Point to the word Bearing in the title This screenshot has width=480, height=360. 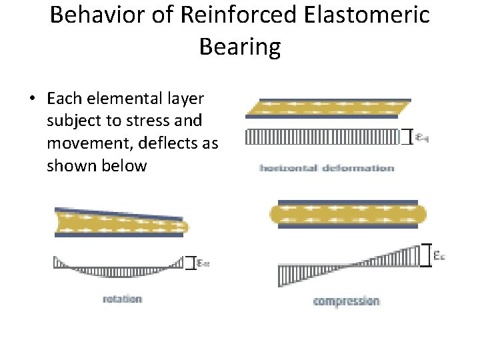click(240, 47)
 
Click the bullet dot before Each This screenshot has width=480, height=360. click(32, 99)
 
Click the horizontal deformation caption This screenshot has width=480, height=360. click(327, 168)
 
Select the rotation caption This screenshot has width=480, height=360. click(122, 299)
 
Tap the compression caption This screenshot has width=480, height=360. click(347, 301)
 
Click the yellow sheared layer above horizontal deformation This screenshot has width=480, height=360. click(327, 107)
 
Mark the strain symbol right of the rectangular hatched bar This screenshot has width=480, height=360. click(422, 137)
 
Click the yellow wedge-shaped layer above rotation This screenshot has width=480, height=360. click(120, 222)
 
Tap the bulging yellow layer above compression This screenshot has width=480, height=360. click(347, 214)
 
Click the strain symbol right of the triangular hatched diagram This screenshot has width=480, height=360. click(439, 255)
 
